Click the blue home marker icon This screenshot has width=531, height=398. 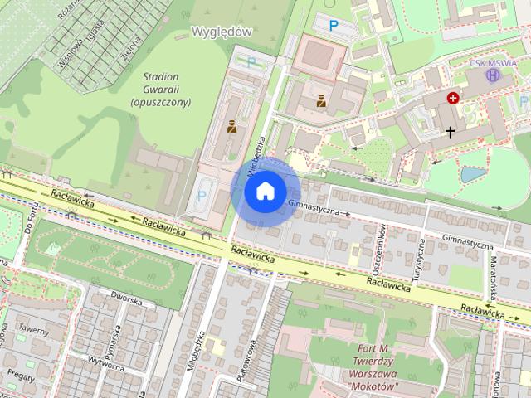265,192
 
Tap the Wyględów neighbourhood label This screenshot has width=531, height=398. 222,30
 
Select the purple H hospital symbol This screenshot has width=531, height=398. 494,75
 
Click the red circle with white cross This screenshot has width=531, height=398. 453,98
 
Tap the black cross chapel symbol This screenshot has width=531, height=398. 451,132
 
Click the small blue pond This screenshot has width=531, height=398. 473,174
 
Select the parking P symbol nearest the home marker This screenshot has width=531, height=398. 202,197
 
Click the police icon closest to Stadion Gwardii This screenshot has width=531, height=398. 231,127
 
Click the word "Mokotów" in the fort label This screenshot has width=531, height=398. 371,386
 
